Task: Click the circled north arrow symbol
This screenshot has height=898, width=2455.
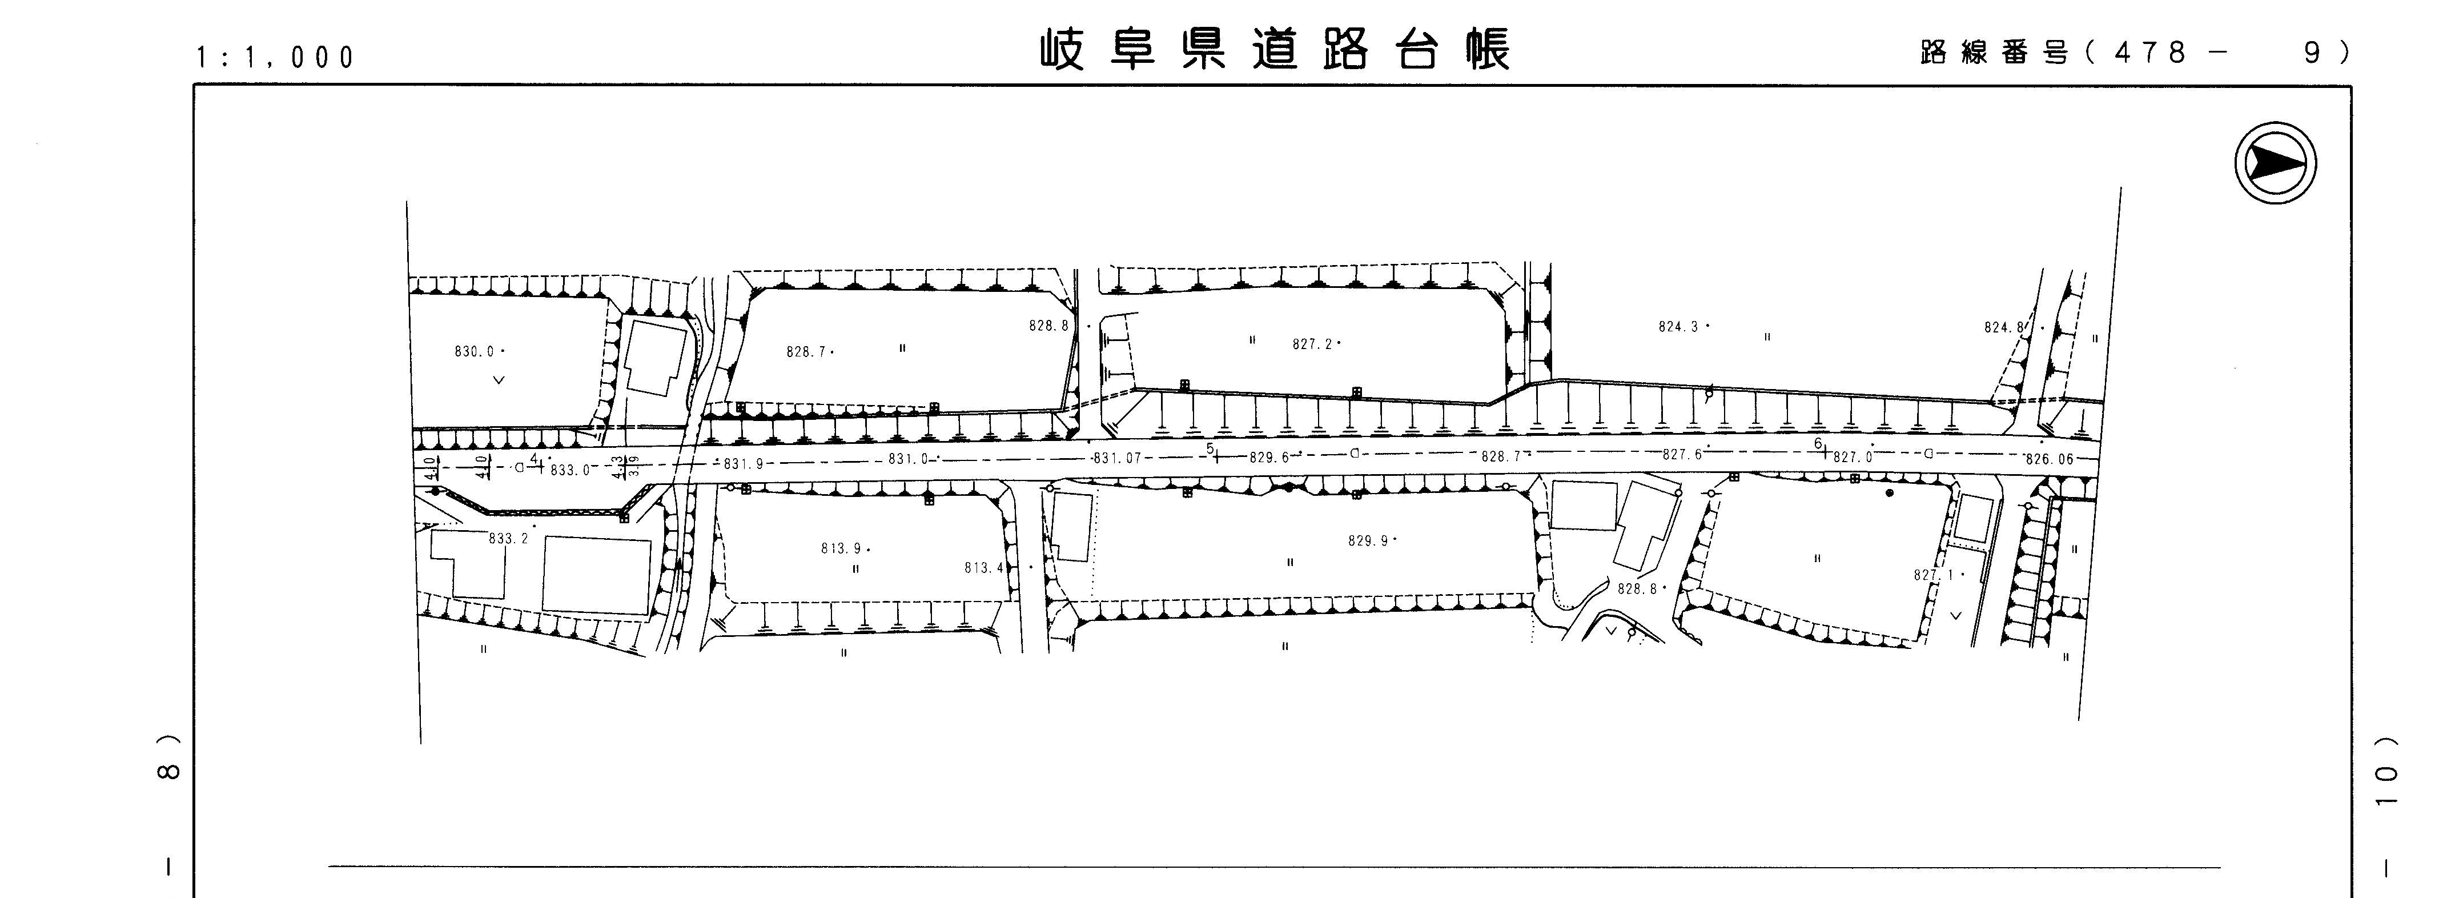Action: point(2275,163)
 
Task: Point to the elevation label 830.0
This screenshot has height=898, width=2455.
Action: point(475,352)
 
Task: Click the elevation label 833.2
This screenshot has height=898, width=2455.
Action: point(508,539)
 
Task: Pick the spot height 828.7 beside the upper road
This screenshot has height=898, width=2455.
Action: point(806,352)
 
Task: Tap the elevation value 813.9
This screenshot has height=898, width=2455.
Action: point(842,548)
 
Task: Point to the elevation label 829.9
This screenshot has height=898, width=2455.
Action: point(1368,540)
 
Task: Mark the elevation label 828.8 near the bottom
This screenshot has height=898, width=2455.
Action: point(1637,589)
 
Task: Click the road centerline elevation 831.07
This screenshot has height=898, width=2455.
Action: point(1117,459)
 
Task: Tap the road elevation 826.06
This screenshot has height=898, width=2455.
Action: point(2049,459)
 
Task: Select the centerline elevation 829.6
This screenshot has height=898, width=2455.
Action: point(1268,458)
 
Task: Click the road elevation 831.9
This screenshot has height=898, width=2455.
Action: point(744,464)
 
